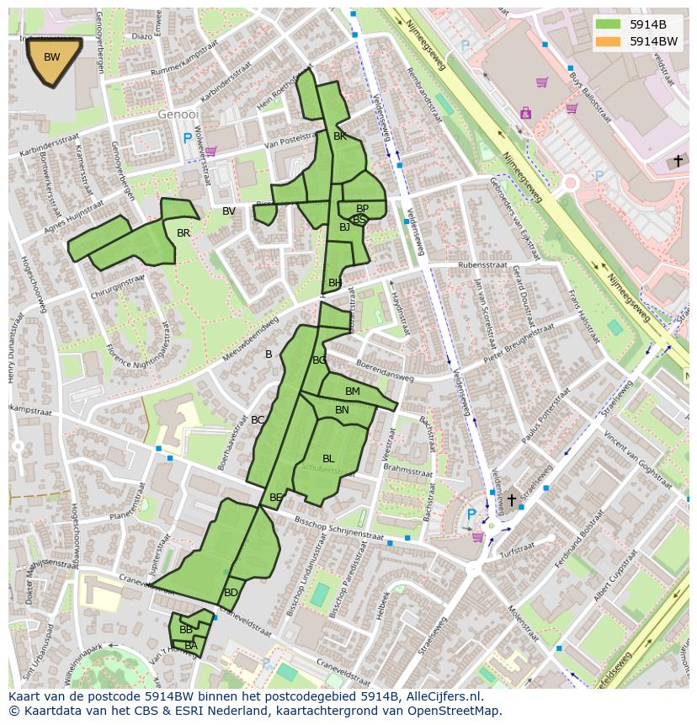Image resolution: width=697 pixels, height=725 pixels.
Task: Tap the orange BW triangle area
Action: click(52, 59)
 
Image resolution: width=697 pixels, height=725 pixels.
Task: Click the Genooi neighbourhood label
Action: click(178, 114)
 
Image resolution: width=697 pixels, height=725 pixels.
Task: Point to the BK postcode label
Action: click(340, 136)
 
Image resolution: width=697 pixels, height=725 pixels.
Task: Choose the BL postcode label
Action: click(328, 459)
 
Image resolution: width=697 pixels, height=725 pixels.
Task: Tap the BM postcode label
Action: click(353, 392)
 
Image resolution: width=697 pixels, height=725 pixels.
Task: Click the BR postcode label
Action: click(184, 233)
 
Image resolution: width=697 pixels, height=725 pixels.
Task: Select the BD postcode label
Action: click(231, 593)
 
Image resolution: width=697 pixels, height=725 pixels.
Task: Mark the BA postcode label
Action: click(191, 646)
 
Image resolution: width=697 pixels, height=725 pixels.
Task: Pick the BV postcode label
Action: click(229, 211)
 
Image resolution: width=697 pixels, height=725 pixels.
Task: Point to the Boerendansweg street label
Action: click(385, 371)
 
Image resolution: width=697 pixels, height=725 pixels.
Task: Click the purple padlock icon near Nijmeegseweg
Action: click(526, 112)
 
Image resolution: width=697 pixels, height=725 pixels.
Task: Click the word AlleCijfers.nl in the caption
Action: click(453, 696)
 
